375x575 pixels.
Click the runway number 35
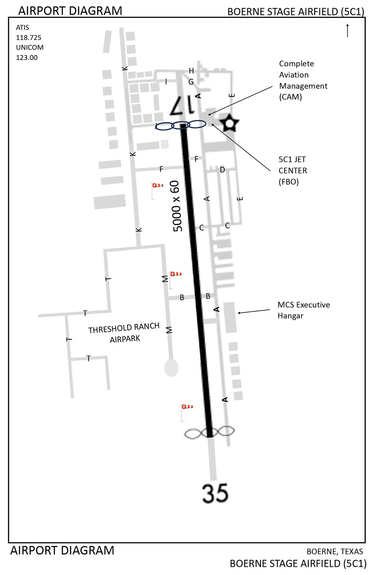click(x=215, y=493)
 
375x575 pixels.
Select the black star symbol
click(x=230, y=123)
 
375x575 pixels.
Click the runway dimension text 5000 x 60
click(x=176, y=206)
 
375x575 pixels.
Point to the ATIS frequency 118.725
click(x=29, y=37)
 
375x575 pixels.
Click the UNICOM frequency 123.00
click(x=27, y=57)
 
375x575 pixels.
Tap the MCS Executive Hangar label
click(x=303, y=310)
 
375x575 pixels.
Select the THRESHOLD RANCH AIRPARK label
click(x=124, y=333)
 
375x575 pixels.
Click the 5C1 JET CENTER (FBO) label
click(x=293, y=170)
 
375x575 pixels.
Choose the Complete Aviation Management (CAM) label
click(x=303, y=80)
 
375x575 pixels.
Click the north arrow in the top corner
click(x=347, y=30)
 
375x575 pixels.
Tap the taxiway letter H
click(x=191, y=71)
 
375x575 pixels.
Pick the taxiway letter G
click(x=191, y=82)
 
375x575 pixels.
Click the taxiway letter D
click(x=222, y=170)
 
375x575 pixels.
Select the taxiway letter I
click(x=166, y=82)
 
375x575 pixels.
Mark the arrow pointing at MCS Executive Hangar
click(x=254, y=311)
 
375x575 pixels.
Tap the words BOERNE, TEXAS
click(x=334, y=552)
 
